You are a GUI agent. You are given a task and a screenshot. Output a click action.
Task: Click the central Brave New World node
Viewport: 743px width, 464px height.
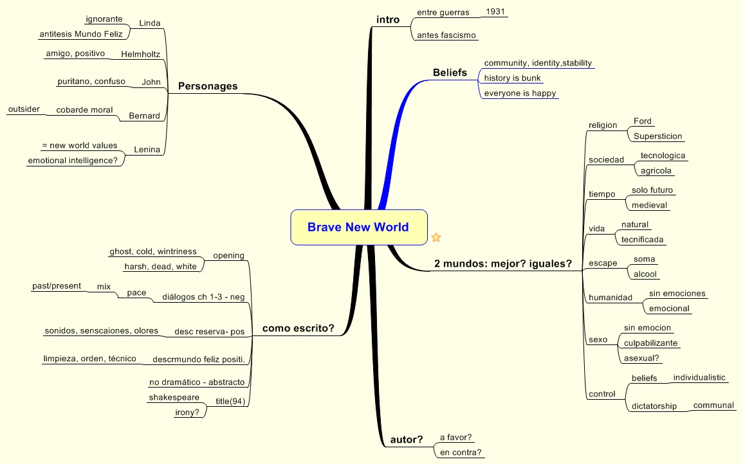coord(358,227)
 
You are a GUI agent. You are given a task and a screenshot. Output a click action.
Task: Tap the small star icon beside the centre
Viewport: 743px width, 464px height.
coord(436,238)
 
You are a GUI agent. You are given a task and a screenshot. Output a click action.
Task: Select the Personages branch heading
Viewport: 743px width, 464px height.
coord(208,86)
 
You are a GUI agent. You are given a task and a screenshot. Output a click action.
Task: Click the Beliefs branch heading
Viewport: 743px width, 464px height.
coord(450,73)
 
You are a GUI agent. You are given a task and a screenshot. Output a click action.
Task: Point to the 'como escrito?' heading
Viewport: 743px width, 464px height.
coord(298,328)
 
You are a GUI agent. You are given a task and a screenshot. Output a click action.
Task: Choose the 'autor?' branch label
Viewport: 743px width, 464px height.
coord(407,440)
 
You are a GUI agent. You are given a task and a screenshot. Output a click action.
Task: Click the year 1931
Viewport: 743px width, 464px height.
coord(495,12)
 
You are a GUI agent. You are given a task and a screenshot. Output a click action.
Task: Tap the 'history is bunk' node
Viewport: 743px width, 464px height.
coord(512,78)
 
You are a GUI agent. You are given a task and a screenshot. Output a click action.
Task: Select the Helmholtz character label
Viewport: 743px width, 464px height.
coord(140,55)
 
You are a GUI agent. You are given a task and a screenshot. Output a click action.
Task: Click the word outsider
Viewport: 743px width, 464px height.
coord(24,109)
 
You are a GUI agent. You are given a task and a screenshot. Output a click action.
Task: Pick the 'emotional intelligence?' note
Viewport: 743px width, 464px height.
coord(73,161)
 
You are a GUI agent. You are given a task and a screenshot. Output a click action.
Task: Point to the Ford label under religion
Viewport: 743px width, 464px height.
coord(642,121)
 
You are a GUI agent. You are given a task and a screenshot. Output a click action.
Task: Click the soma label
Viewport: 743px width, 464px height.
coord(644,259)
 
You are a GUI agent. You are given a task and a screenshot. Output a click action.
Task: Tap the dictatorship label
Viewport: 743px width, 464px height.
coord(654,406)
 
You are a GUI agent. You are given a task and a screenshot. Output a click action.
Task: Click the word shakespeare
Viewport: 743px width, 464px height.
coord(174,397)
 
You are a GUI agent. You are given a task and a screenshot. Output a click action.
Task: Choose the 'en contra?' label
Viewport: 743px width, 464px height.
coord(459,452)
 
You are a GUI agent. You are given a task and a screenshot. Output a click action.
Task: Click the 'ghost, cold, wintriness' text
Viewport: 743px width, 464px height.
coord(153,251)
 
